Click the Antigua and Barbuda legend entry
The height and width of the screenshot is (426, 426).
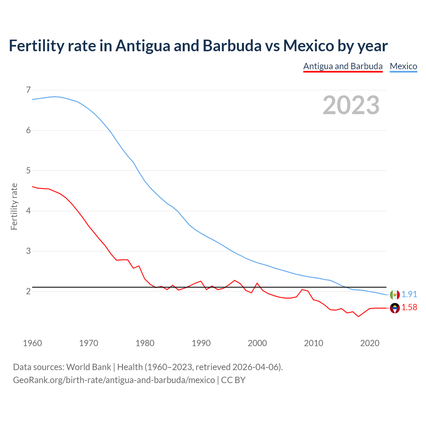point(343,66)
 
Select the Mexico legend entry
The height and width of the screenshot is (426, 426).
point(403,66)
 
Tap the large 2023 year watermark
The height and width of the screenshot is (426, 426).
point(351,105)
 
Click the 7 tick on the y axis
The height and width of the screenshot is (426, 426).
point(28,90)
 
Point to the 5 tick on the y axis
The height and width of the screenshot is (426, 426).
point(28,171)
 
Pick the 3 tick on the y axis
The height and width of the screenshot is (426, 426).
point(28,251)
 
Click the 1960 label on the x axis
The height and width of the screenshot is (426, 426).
point(32,343)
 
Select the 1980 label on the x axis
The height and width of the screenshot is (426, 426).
point(145,343)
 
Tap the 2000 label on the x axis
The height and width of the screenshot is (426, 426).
point(257,343)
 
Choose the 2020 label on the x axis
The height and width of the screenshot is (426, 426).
point(370,343)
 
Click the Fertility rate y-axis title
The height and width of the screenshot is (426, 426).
point(14,206)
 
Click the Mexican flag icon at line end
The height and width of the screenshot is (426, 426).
point(395,295)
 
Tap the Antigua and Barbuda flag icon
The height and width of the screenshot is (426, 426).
point(395,309)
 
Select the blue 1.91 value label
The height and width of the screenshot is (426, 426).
point(409,295)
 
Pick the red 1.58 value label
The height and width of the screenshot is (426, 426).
point(409,308)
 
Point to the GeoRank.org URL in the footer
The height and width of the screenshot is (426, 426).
point(114,380)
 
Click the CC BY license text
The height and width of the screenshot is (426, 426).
point(233,380)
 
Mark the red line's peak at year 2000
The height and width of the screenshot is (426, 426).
point(257,283)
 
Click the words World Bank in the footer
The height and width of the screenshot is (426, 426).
point(89,367)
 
